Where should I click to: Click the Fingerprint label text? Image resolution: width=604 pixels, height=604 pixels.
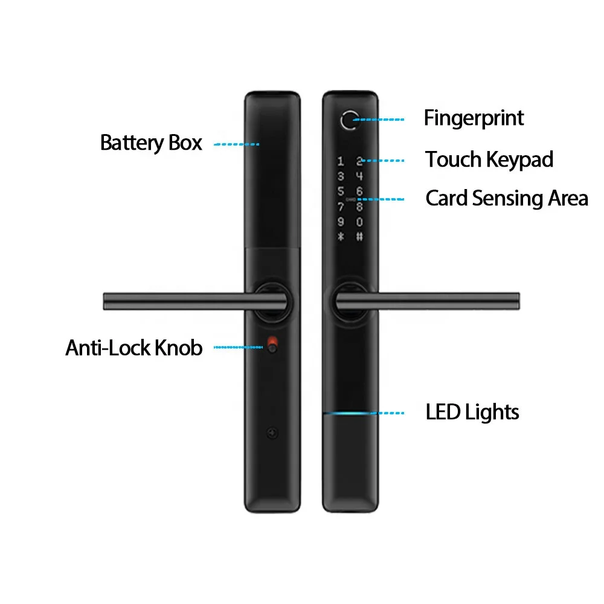(474, 118)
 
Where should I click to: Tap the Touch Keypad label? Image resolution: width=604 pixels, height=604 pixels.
(489, 159)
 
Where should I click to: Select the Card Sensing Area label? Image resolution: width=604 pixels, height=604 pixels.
(507, 198)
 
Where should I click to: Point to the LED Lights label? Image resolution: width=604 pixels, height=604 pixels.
(472, 412)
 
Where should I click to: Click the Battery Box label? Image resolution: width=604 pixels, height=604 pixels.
(151, 143)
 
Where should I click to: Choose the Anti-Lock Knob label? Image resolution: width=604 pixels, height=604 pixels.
(133, 348)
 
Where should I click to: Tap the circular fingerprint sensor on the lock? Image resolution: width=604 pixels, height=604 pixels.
(350, 120)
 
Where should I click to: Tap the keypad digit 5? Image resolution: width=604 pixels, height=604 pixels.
(341, 191)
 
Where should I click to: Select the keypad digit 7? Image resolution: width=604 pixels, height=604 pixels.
(341, 207)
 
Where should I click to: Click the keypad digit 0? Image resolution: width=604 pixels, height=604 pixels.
(359, 222)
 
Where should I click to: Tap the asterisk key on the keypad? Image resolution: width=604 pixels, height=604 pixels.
(341, 237)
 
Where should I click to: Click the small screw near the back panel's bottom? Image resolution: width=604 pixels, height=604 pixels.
(272, 433)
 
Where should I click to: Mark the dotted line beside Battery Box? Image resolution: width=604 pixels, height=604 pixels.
(237, 144)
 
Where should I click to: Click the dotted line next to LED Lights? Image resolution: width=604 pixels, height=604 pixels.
(388, 413)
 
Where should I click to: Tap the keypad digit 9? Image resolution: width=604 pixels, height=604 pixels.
(341, 222)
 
